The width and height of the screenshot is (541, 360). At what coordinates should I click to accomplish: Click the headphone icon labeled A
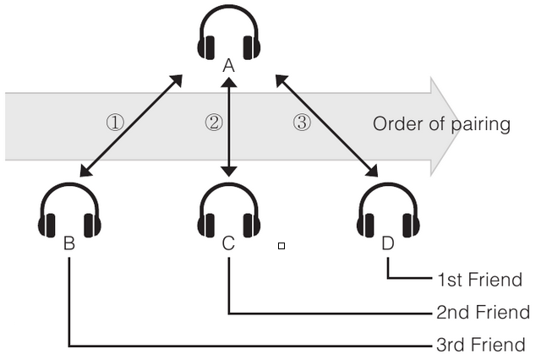(228, 34)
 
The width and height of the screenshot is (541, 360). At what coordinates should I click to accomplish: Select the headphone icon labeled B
(69, 210)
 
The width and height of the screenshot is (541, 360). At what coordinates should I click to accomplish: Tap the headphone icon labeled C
(228, 210)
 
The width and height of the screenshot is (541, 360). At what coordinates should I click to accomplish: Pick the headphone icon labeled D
(388, 210)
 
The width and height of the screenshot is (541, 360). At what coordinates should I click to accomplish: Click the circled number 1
(115, 123)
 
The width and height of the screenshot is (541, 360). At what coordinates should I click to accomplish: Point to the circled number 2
(214, 123)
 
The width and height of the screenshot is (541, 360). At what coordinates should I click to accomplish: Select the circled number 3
(302, 123)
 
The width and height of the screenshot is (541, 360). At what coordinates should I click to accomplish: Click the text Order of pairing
(441, 124)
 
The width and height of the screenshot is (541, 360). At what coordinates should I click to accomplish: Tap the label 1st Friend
(479, 280)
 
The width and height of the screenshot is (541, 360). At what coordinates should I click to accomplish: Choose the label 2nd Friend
(483, 313)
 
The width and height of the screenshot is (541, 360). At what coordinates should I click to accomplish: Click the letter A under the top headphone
(228, 65)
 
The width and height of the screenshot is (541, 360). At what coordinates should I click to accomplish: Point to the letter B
(69, 244)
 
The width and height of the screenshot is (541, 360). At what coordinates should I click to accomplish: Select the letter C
(228, 244)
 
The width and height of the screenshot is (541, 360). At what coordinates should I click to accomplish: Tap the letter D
(388, 244)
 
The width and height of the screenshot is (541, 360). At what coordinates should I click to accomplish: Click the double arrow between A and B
(131, 126)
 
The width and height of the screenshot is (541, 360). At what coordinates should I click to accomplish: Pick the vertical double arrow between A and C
(227, 127)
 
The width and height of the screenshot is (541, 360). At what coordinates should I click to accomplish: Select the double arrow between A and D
(326, 126)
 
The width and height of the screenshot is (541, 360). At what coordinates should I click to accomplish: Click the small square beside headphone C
(281, 246)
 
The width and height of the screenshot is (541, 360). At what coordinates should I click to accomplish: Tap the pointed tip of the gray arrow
(462, 125)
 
